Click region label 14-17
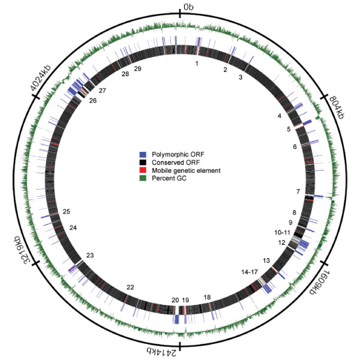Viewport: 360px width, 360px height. click(x=250, y=272)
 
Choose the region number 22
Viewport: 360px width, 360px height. click(x=130, y=287)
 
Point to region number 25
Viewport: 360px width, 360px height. click(x=66, y=212)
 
